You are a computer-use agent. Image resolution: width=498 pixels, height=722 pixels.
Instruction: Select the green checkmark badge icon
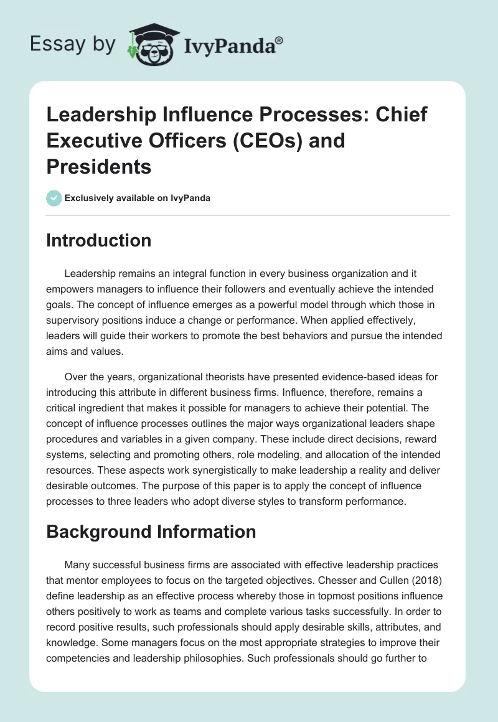tap(54, 198)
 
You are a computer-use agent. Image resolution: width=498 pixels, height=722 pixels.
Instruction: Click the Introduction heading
tap(98, 240)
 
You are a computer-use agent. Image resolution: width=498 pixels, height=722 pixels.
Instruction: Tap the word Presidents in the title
tap(98, 166)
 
